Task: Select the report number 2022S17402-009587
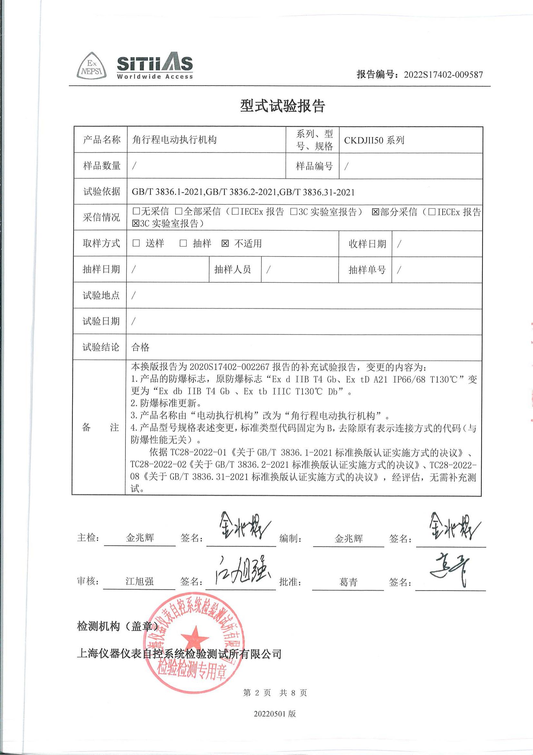tap(443, 75)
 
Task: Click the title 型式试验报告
tap(282, 106)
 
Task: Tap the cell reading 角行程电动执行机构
tap(174, 140)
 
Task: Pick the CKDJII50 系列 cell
tap(374, 140)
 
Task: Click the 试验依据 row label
tap(102, 191)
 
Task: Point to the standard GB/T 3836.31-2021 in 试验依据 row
tap(317, 192)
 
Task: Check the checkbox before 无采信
tap(136, 211)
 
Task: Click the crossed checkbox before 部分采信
tap(375, 212)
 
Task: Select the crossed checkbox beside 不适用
tap(225, 244)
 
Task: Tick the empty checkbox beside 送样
tap(136, 243)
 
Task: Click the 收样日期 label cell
tap(367, 244)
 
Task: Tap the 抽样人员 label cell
tap(232, 270)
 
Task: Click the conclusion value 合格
tap(141, 347)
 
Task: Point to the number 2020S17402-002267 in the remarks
tap(230, 367)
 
